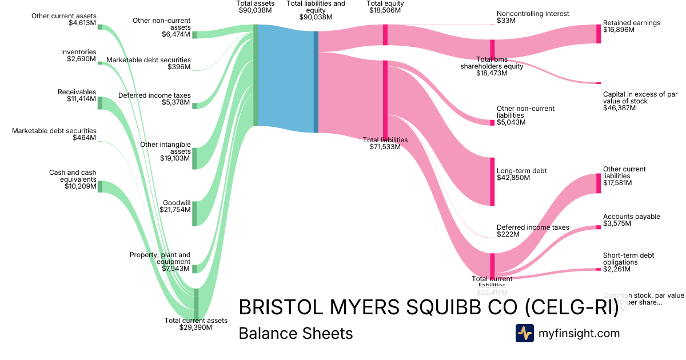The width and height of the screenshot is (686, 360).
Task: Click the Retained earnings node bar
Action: [599, 34]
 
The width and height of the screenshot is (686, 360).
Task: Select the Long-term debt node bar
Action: [492, 181]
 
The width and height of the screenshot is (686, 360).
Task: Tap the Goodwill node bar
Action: [194, 213]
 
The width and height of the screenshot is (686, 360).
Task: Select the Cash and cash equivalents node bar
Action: [99, 187]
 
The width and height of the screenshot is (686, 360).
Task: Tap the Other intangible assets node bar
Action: [194, 158]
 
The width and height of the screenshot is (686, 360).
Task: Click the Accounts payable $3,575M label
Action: [631, 220]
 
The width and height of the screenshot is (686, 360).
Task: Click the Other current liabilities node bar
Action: [599, 183]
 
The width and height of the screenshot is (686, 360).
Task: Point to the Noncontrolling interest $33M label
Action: [533, 17]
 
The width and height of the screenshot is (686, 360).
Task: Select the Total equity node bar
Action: [385, 35]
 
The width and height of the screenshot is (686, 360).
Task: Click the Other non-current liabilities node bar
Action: [492, 122]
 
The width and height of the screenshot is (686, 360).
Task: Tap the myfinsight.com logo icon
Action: [524, 333]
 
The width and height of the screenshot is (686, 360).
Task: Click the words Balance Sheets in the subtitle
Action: [296, 333]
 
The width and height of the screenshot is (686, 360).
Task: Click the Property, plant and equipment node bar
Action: [194, 269]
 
